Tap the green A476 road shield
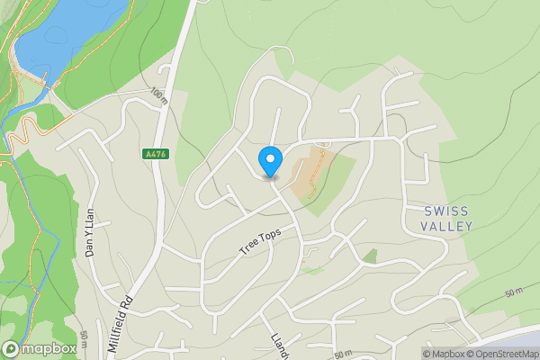click(155, 154)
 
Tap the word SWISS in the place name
click(447, 211)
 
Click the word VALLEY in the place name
click(447, 227)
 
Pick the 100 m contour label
click(159, 94)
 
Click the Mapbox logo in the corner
click(40, 348)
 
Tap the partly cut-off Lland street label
click(277, 345)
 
